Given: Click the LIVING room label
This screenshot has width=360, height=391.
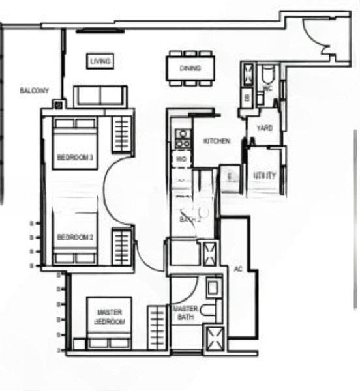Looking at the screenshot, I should [100, 61].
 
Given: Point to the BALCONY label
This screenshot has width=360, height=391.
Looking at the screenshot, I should [31, 91].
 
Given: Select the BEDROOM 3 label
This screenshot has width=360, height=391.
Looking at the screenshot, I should [75, 157].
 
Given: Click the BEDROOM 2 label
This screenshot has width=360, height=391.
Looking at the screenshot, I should [75, 237].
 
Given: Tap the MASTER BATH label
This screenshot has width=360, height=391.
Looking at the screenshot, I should [185, 313].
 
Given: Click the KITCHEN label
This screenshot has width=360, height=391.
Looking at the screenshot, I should [216, 141].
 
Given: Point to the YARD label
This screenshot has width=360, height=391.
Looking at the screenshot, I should [264, 128].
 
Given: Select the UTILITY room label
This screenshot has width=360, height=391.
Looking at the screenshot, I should [265, 175].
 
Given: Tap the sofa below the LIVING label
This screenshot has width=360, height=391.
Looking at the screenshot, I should [100, 96].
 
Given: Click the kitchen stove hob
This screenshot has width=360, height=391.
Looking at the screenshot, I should [182, 138].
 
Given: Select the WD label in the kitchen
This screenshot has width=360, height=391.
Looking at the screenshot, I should [180, 158].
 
